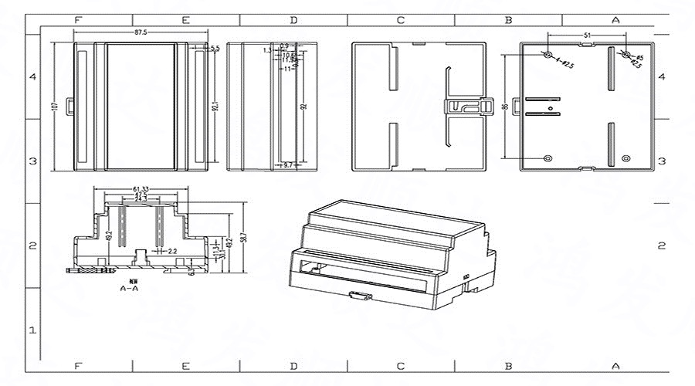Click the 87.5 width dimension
pos(141,32)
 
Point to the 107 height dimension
pos(54,107)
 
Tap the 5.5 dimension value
pos(214,49)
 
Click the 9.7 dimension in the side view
pos(288,165)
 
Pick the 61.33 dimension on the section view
pos(140,188)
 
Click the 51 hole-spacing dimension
pos(587,36)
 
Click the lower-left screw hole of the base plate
pos(548,158)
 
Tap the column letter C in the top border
pos(400,20)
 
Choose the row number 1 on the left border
pos(32,330)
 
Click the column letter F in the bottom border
pos(78,365)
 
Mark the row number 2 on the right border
pos(661,245)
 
